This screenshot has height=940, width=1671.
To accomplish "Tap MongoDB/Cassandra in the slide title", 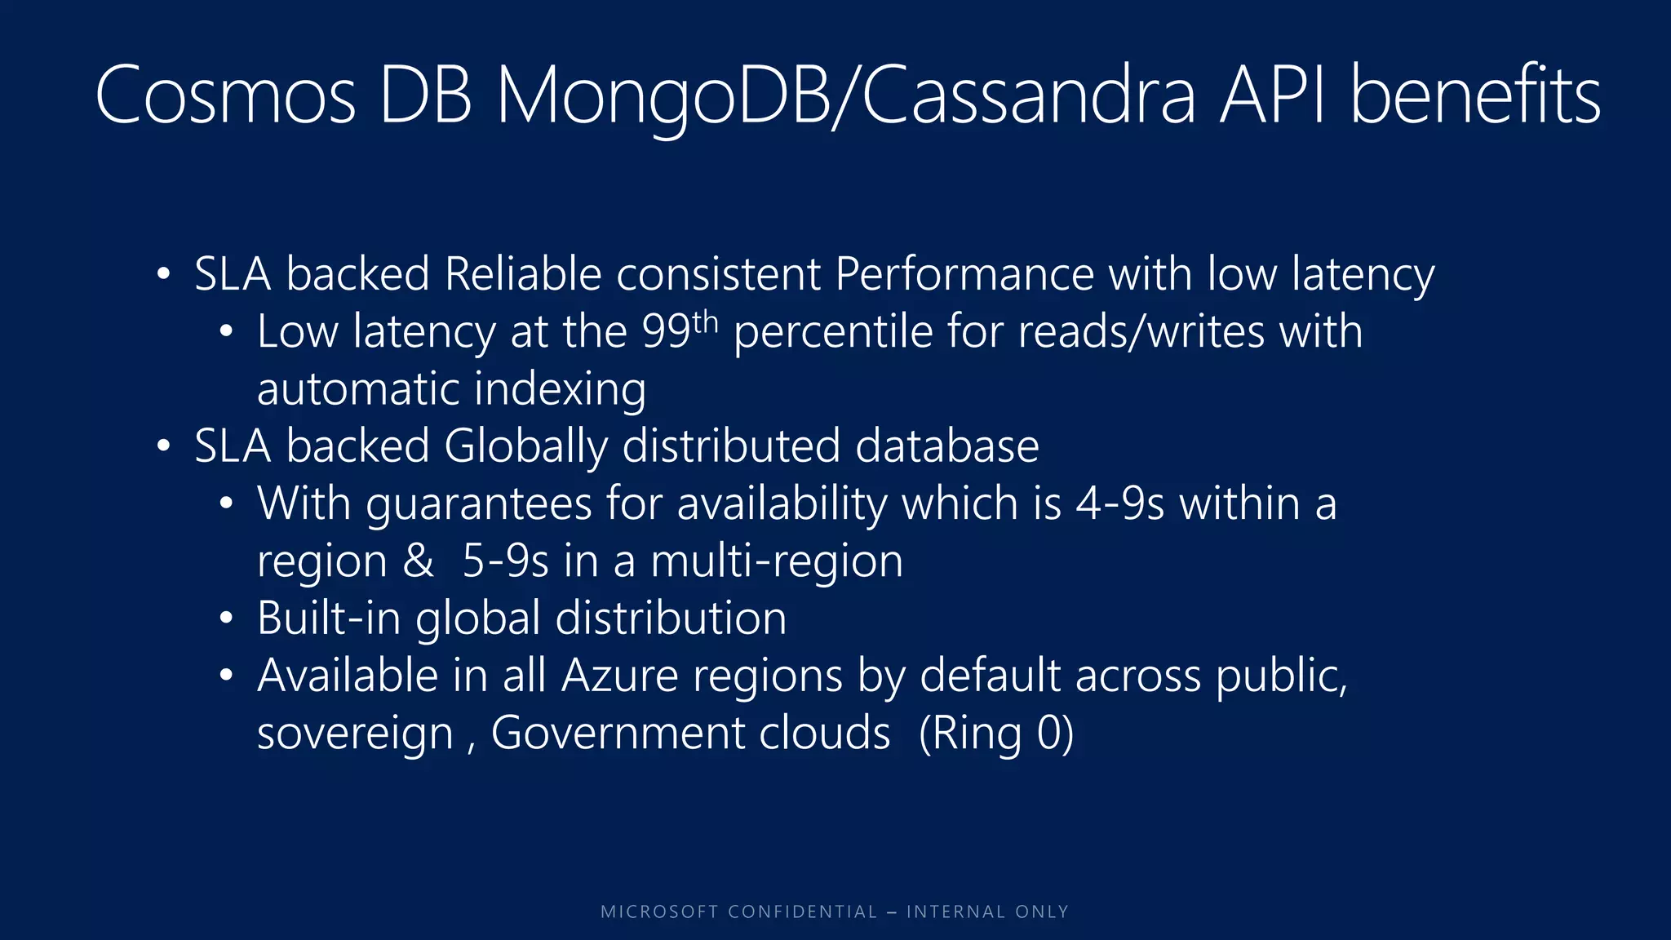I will pyautogui.click(x=846, y=96).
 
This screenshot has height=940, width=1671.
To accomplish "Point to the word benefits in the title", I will pyautogui.click(x=1475, y=96).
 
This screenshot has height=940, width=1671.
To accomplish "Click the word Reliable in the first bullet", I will pyautogui.click(x=523, y=274).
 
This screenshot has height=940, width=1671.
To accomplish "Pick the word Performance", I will pyautogui.click(x=964, y=274).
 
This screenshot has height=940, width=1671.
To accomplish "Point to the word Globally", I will pyautogui.click(x=525, y=447).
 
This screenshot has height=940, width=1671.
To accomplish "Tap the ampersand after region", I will pyautogui.click(x=418, y=561).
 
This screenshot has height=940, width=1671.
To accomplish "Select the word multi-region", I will pyautogui.click(x=777, y=561).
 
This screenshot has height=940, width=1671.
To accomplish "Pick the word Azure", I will pyautogui.click(x=619, y=676).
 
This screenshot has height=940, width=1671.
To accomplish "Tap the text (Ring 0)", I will pyautogui.click(x=996, y=734).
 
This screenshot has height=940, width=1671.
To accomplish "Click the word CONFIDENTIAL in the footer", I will pyautogui.click(x=802, y=912).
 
